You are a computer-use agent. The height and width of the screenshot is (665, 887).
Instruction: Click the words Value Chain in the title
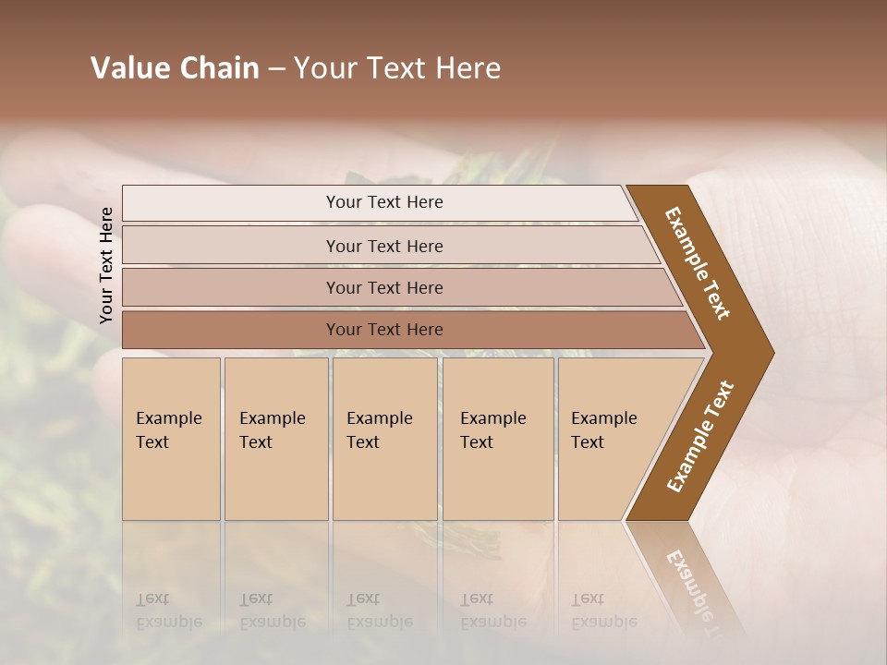tap(175, 68)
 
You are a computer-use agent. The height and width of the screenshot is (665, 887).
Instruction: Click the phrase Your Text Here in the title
tap(397, 68)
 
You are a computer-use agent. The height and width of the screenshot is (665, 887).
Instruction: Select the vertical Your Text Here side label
tap(106, 265)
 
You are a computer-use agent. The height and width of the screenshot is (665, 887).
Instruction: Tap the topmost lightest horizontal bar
tap(383, 202)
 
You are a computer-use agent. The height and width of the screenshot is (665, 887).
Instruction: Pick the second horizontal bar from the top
tap(383, 246)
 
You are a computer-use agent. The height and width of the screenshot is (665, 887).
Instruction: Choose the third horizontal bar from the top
tap(383, 287)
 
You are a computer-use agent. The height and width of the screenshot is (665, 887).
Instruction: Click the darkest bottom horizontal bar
tap(383, 330)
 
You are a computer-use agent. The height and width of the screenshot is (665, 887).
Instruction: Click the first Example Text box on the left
tap(171, 439)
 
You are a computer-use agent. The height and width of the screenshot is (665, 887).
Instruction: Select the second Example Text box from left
tap(275, 439)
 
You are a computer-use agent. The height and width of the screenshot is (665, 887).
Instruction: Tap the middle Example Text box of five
tap(384, 439)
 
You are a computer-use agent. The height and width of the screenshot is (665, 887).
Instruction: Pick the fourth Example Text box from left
tap(498, 439)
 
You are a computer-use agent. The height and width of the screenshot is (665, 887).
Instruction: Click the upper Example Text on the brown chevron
tap(698, 263)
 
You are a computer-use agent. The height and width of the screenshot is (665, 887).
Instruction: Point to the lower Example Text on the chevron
tap(700, 436)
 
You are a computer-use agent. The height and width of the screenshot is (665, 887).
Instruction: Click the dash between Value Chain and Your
tap(276, 69)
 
